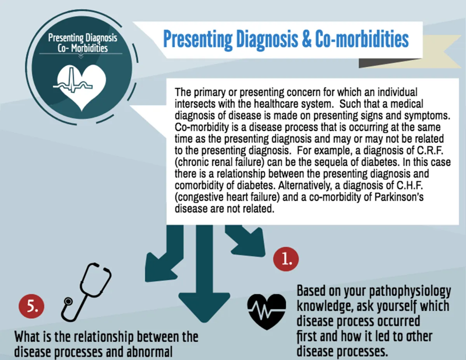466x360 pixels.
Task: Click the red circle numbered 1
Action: pos(286,259)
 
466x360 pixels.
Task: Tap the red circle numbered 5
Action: pos(31,306)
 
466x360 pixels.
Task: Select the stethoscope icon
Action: pos(86,292)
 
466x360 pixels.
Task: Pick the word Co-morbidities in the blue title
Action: pos(362,39)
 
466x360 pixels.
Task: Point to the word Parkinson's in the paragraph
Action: pos(399,197)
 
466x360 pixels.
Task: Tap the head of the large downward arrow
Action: pos(204,307)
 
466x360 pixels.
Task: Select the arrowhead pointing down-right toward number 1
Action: pos(250,243)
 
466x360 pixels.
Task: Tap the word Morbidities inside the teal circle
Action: pos(89,48)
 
